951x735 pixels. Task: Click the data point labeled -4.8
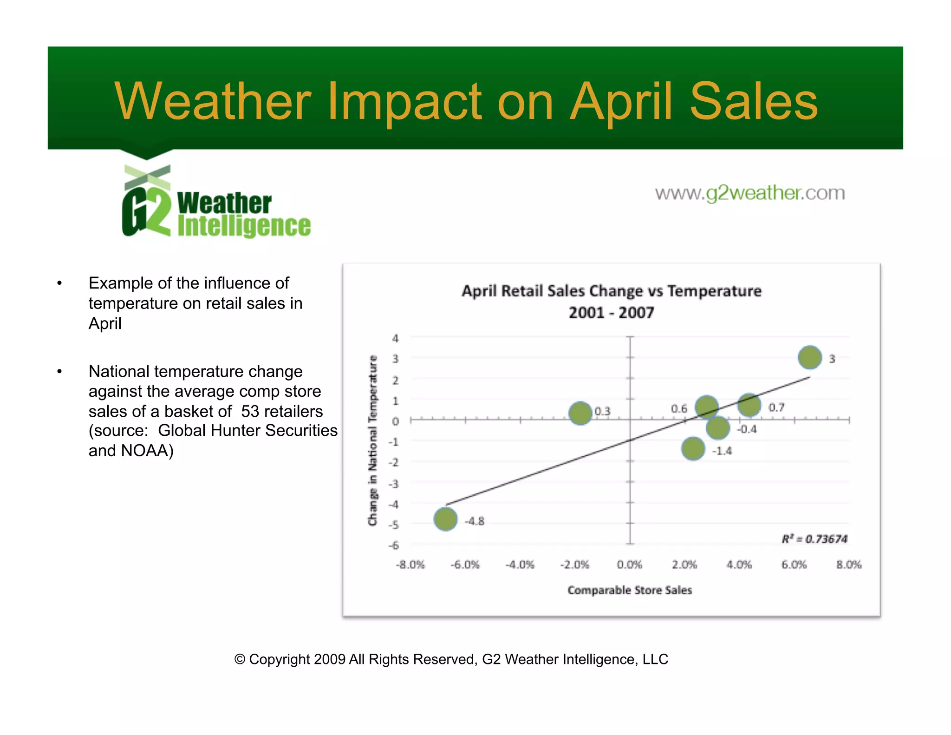click(x=445, y=519)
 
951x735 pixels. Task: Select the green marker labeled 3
click(x=809, y=357)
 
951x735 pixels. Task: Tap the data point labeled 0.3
click(x=580, y=413)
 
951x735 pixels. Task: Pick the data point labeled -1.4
click(x=693, y=449)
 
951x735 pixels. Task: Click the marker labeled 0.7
click(x=749, y=405)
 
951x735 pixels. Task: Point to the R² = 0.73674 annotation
click(x=814, y=539)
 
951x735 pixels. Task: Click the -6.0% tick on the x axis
click(x=465, y=564)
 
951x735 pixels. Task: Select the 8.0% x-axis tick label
click(x=849, y=564)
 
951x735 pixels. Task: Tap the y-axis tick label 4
click(x=395, y=338)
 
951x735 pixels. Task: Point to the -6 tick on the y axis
click(x=394, y=545)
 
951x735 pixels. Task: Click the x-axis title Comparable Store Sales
click(x=630, y=590)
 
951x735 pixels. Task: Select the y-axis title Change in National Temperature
click(x=372, y=440)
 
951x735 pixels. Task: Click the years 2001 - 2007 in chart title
click(x=611, y=313)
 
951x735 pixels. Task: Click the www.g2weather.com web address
click(x=749, y=193)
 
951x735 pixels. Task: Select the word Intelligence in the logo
click(x=244, y=226)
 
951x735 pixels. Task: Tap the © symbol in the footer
click(x=240, y=659)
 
